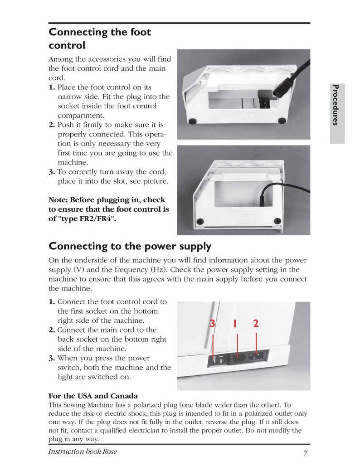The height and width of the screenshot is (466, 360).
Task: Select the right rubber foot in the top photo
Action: click(282, 121)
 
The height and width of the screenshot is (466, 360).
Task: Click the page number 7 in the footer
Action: click(306, 453)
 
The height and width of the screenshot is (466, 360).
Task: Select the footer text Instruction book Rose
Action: click(82, 452)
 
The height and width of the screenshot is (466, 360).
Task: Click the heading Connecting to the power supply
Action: click(130, 246)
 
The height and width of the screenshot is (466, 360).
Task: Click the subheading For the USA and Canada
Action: click(93, 396)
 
